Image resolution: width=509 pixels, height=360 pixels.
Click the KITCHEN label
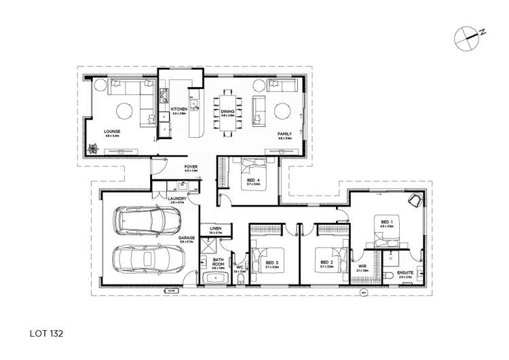pyautogui.click(x=179, y=109)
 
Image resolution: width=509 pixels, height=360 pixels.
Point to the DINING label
pyautogui.click(x=227, y=111)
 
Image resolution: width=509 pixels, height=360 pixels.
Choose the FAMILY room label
pyautogui.click(x=284, y=134)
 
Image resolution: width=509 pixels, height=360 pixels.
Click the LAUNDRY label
pyautogui.click(x=168, y=198)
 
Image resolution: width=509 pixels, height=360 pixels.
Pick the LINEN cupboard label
pyautogui.click(x=216, y=228)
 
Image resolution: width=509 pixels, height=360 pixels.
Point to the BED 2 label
pyautogui.click(x=326, y=262)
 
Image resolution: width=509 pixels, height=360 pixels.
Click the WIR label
pyautogui.click(x=362, y=266)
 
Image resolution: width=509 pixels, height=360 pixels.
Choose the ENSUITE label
pyautogui.click(x=407, y=274)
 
